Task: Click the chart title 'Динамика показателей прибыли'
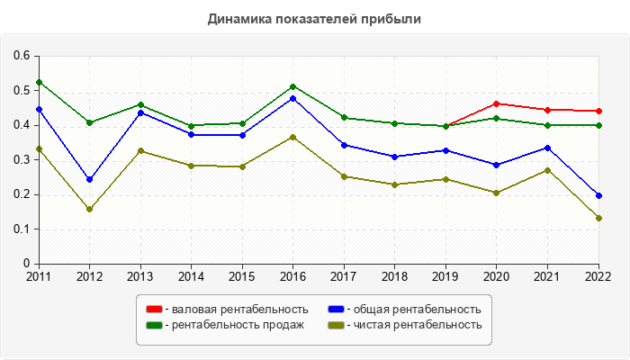click(x=314, y=18)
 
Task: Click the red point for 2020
click(x=497, y=103)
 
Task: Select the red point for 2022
click(x=598, y=112)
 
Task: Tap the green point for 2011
click(x=39, y=82)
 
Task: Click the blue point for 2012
click(x=89, y=179)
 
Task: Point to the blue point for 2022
click(x=598, y=195)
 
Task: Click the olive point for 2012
click(x=89, y=209)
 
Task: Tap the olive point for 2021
click(x=547, y=170)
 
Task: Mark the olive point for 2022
click(x=598, y=218)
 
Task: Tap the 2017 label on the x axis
click(x=344, y=276)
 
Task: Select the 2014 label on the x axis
click(x=192, y=276)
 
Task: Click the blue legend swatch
click(x=335, y=310)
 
